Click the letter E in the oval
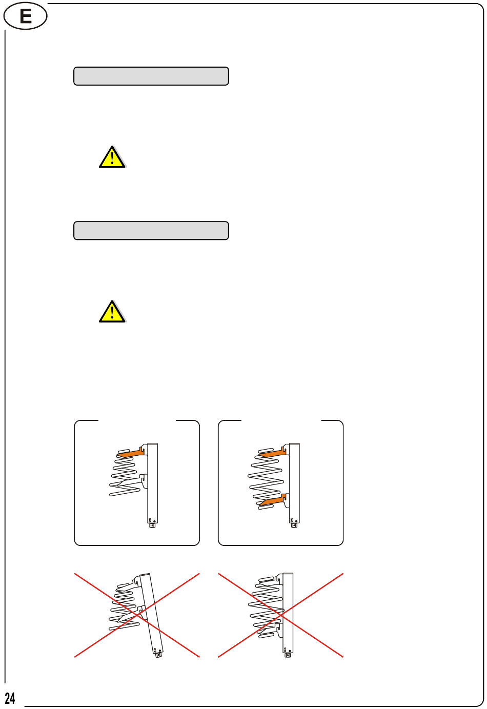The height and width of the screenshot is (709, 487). point(26,16)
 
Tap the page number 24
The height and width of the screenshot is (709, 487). point(10,698)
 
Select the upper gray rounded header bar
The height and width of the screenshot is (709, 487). point(151,76)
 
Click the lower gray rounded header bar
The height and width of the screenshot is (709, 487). point(151,230)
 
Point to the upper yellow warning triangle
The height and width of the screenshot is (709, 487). point(112,157)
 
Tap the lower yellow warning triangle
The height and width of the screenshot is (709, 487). point(112,312)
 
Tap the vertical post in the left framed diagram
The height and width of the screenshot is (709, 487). point(153,483)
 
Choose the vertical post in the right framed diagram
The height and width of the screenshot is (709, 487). point(294,483)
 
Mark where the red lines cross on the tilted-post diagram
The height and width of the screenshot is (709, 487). point(137,615)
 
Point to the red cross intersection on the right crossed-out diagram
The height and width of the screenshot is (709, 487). point(281,615)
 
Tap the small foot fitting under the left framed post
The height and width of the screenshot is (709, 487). point(153,525)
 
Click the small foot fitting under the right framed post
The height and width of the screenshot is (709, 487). point(294,525)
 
